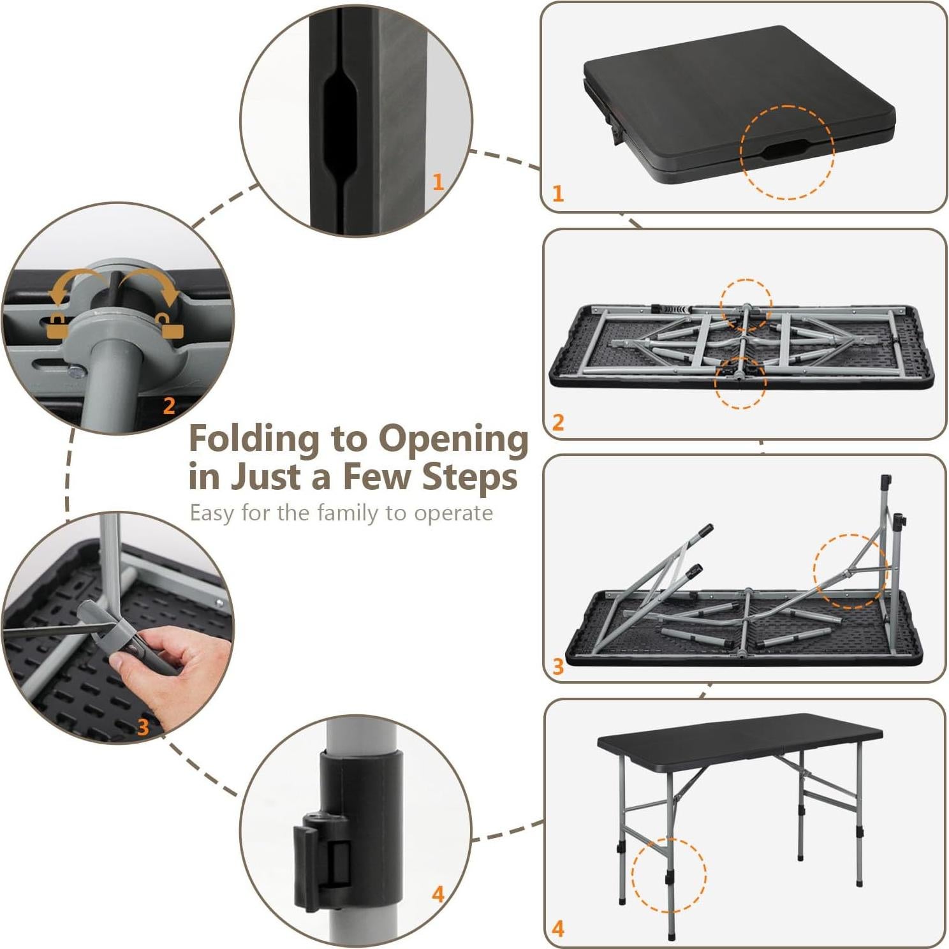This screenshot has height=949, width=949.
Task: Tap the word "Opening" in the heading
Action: [x=453, y=439]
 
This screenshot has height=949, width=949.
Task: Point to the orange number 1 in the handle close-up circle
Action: [x=438, y=182]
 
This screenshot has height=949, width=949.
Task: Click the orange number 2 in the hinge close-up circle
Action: [x=169, y=406]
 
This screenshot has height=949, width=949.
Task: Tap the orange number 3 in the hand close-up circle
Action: [x=143, y=726]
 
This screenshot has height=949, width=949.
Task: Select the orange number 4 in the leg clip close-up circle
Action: [x=438, y=894]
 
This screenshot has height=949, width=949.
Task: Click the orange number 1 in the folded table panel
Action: [x=558, y=193]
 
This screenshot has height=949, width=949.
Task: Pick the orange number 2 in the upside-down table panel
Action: [x=558, y=422]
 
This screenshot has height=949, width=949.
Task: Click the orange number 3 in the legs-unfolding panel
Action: [x=558, y=666]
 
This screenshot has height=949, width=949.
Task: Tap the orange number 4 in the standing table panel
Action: [x=558, y=929]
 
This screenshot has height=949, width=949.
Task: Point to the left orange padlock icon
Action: [x=57, y=326]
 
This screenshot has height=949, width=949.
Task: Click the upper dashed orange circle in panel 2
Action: [x=746, y=304]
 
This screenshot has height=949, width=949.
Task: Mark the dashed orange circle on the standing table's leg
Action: [x=668, y=875]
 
